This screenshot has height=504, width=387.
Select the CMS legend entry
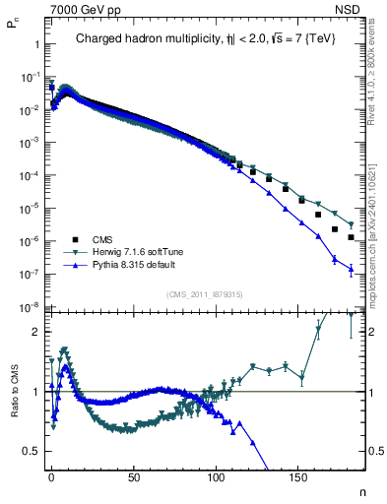coord(102,238)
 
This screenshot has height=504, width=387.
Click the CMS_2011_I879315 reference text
coord(204,294)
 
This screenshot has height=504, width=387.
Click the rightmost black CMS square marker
coord(351,237)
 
